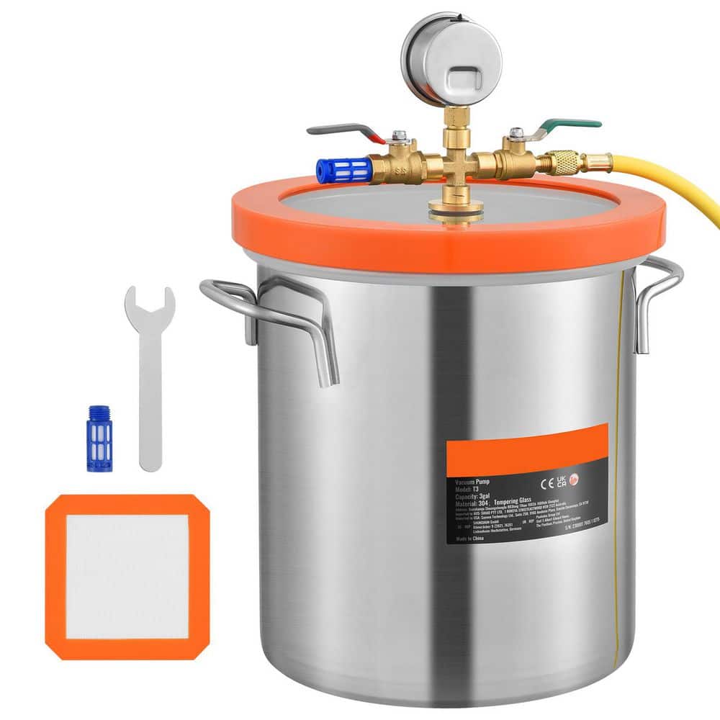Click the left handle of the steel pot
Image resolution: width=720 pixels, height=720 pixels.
click(x=274, y=317)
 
